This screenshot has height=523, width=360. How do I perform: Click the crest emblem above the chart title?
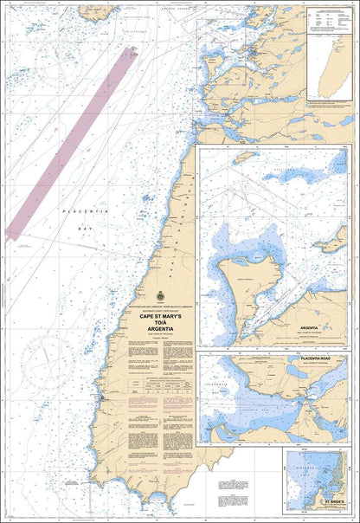[157, 294]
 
